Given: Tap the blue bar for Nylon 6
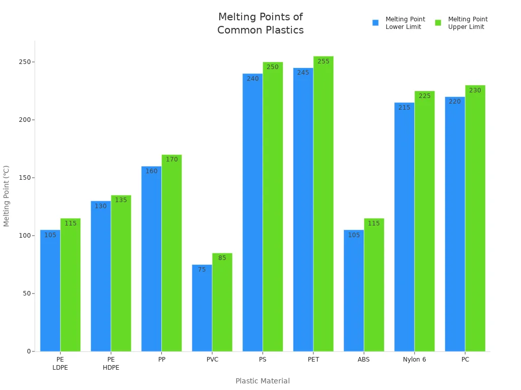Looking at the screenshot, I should point(404,229).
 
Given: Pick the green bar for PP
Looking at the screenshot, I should point(171,254).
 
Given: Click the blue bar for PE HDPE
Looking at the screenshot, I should point(101,277).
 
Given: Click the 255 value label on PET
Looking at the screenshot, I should point(324,61).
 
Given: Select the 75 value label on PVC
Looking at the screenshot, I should point(202,270).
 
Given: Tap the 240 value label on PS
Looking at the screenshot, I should point(253,79).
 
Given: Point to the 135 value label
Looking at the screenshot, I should point(121,200).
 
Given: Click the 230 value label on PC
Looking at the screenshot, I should point(475,90).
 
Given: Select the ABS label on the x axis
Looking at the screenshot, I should point(364,360).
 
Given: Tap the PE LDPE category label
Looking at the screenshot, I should point(60,364).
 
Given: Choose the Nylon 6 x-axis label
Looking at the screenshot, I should point(415,360).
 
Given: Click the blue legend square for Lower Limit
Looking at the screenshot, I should point(375,23).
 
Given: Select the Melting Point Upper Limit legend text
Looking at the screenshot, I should point(468,23).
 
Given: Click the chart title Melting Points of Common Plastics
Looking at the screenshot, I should point(260,24).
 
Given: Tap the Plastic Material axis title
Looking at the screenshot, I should point(263,381).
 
